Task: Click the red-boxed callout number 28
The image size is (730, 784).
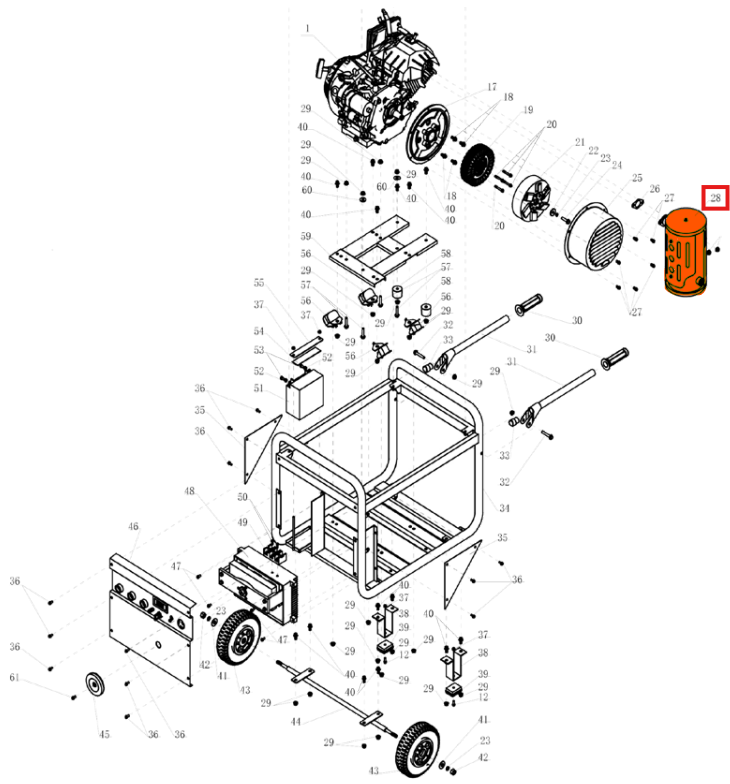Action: [x=716, y=199]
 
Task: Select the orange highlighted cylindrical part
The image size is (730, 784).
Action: [x=686, y=254]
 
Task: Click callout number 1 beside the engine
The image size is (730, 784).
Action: [x=307, y=28]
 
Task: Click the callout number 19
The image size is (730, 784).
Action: [x=527, y=110]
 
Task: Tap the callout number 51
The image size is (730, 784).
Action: [x=258, y=389]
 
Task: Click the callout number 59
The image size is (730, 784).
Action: [x=306, y=237]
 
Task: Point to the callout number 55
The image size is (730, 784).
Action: [x=258, y=283]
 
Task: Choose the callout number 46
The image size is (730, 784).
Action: [x=133, y=526]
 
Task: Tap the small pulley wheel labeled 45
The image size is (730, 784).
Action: [x=97, y=686]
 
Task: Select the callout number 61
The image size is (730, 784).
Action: [x=14, y=679]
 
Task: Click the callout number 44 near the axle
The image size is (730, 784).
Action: [x=295, y=721]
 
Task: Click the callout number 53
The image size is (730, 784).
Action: [x=258, y=350]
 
